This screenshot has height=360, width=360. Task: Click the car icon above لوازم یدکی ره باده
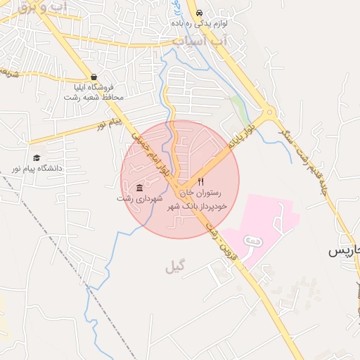(x=200, y=13)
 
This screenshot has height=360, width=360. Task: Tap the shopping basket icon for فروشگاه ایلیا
(x=94, y=78)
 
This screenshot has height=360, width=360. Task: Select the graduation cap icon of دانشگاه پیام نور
(x=36, y=158)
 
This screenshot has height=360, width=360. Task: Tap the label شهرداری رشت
(x=139, y=199)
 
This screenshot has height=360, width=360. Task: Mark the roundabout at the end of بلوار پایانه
(x=268, y=112)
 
